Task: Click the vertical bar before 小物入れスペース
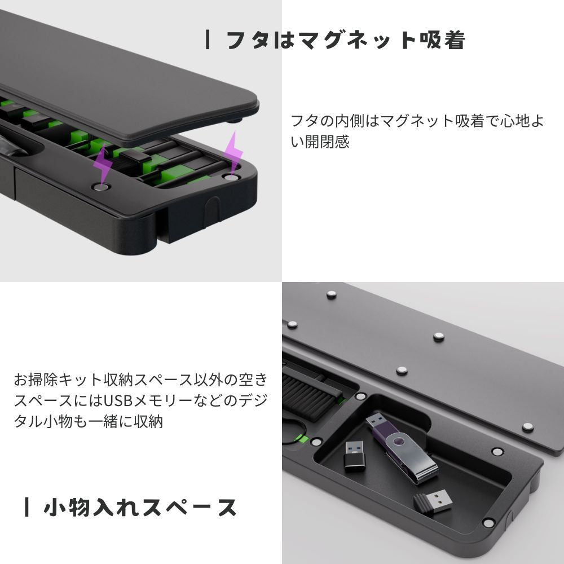point(27,507)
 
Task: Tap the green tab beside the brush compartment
point(303,439)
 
